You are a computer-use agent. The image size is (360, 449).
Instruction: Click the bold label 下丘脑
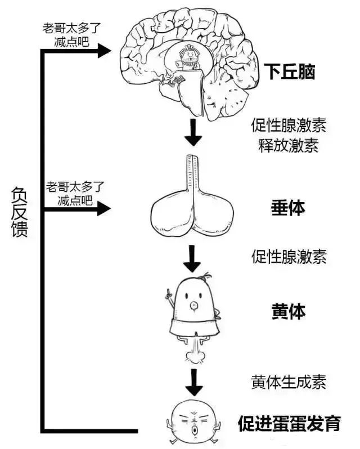tap(289, 71)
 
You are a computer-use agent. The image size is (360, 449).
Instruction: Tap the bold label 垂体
tap(288, 208)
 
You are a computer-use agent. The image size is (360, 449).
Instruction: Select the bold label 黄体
tap(288, 311)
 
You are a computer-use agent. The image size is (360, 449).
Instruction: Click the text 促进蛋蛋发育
tap(290, 423)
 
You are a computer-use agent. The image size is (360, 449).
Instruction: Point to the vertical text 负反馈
tap(20, 212)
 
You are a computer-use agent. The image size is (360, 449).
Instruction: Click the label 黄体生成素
tap(289, 381)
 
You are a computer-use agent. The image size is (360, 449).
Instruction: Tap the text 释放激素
tap(289, 146)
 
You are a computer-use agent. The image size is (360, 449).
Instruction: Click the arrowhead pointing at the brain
tap(104, 51)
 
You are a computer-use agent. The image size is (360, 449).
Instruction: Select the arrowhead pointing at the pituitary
tap(104, 208)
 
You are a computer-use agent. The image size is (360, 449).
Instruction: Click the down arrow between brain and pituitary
tap(193, 132)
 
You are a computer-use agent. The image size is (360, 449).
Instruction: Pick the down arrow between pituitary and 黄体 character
tap(192, 259)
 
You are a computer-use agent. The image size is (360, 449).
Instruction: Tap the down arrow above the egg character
tap(194, 383)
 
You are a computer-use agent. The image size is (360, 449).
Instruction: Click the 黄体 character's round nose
tap(194, 306)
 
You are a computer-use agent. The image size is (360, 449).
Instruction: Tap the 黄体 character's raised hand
tap(169, 294)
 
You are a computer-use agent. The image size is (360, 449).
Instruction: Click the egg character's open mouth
tap(195, 430)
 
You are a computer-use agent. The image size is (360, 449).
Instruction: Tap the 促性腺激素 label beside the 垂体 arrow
tap(289, 256)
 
